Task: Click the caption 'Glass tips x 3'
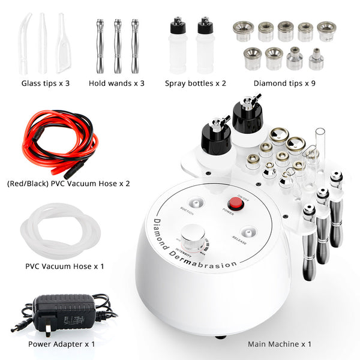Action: (46, 83)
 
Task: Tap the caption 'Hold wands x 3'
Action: (116, 83)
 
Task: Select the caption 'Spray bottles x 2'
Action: (196, 83)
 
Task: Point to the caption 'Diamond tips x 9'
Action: (284, 83)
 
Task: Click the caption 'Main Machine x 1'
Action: (280, 344)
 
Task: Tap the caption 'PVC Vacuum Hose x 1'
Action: (64, 265)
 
